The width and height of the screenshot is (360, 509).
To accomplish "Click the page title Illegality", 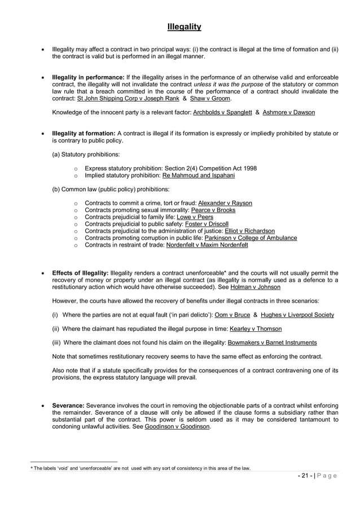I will click(x=184, y=27).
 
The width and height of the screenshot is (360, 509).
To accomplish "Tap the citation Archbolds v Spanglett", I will click(x=221, y=112).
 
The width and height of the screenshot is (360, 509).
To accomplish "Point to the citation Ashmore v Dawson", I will click(x=289, y=112).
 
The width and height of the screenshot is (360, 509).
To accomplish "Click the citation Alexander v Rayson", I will click(x=225, y=203).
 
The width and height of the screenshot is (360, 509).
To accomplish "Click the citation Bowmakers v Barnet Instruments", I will click(x=271, y=343).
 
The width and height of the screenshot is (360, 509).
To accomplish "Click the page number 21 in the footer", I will click(x=305, y=475).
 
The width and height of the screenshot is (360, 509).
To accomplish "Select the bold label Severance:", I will click(x=68, y=406).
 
